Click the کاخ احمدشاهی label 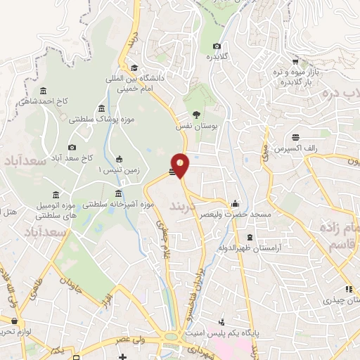63,101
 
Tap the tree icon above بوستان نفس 196,115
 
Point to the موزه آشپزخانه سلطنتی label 117,205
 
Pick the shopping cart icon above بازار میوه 295,62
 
